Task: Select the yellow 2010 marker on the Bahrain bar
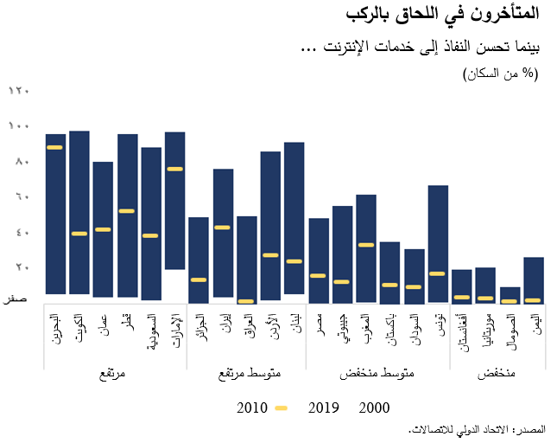tap(55, 148)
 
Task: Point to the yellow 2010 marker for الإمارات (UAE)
tap(174, 169)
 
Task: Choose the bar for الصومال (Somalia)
tap(510, 294)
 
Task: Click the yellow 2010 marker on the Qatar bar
tap(127, 211)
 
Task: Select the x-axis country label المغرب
tap(365, 330)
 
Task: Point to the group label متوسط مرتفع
tap(245, 374)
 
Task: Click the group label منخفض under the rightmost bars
tap(497, 374)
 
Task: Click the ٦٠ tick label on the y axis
tap(19, 196)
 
